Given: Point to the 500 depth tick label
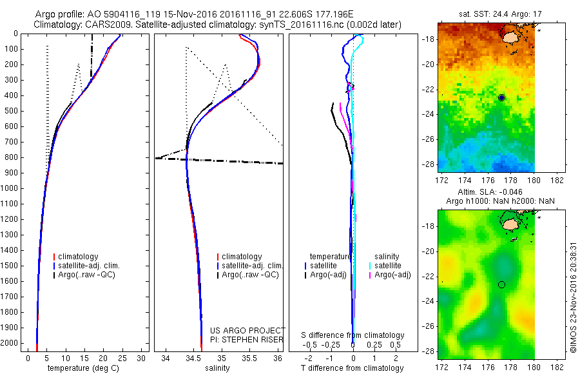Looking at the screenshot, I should coord(10,110).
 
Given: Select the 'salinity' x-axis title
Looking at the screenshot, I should coord(215,368).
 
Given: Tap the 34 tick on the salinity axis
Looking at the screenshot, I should coord(166,357).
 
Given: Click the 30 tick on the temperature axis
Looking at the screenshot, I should coord(142,357).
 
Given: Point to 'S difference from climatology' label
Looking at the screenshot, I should coord(353,335).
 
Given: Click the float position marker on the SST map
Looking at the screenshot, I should coord(501,97).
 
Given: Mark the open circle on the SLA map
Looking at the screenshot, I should coord(501,284).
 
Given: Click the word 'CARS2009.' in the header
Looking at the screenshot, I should coord(108,25).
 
